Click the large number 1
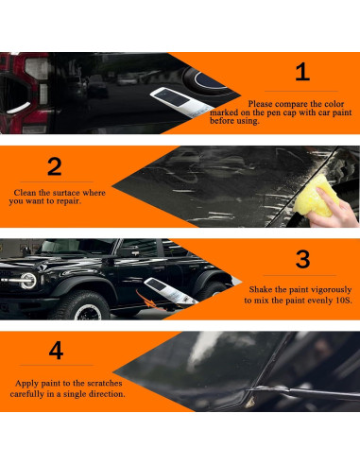pyautogui.click(x=301, y=72)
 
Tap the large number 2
pyautogui.click(x=54, y=166)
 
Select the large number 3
pyautogui.click(x=302, y=259)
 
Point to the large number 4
pyautogui.click(x=56, y=352)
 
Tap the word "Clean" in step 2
pyautogui.click(x=26, y=192)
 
